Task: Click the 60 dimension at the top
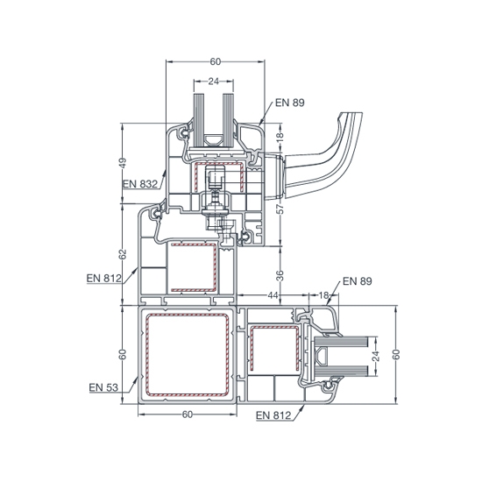(216, 62)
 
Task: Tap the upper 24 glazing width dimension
(213, 82)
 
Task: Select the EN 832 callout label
(140, 184)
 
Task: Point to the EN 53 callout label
(103, 387)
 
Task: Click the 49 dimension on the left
(123, 163)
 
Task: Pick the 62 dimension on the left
(123, 254)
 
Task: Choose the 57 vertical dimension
(280, 209)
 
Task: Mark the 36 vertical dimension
(280, 276)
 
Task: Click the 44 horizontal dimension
(273, 295)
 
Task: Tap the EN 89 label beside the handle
(289, 103)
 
